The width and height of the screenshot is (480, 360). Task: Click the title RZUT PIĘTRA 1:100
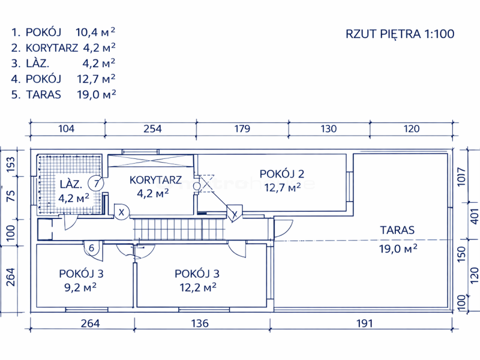[400, 34]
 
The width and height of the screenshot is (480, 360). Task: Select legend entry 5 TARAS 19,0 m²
[64, 94]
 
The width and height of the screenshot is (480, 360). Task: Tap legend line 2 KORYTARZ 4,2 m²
[64, 48]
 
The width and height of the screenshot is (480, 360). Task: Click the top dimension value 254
[152, 128]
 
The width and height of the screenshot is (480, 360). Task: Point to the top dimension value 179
[242, 128]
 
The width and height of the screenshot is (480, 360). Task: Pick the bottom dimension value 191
[364, 323]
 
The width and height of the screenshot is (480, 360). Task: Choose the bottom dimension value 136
[200, 323]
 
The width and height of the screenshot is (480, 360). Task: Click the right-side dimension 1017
[461, 176]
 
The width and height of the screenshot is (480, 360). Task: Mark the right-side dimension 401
[474, 216]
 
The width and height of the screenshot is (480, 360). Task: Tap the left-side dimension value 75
[11, 196]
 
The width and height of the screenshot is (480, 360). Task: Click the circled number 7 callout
[96, 184]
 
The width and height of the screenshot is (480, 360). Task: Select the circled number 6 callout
[92, 248]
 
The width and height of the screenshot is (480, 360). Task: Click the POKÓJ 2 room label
[282, 174]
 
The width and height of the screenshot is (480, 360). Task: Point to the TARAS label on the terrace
[397, 230]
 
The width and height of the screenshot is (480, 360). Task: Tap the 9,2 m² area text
[80, 287]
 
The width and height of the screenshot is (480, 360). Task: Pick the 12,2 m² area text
[198, 287]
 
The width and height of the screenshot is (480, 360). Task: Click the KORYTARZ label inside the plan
[155, 180]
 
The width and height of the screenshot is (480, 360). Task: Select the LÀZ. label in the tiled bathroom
[71, 184]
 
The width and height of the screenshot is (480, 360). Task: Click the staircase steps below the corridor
[179, 229]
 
